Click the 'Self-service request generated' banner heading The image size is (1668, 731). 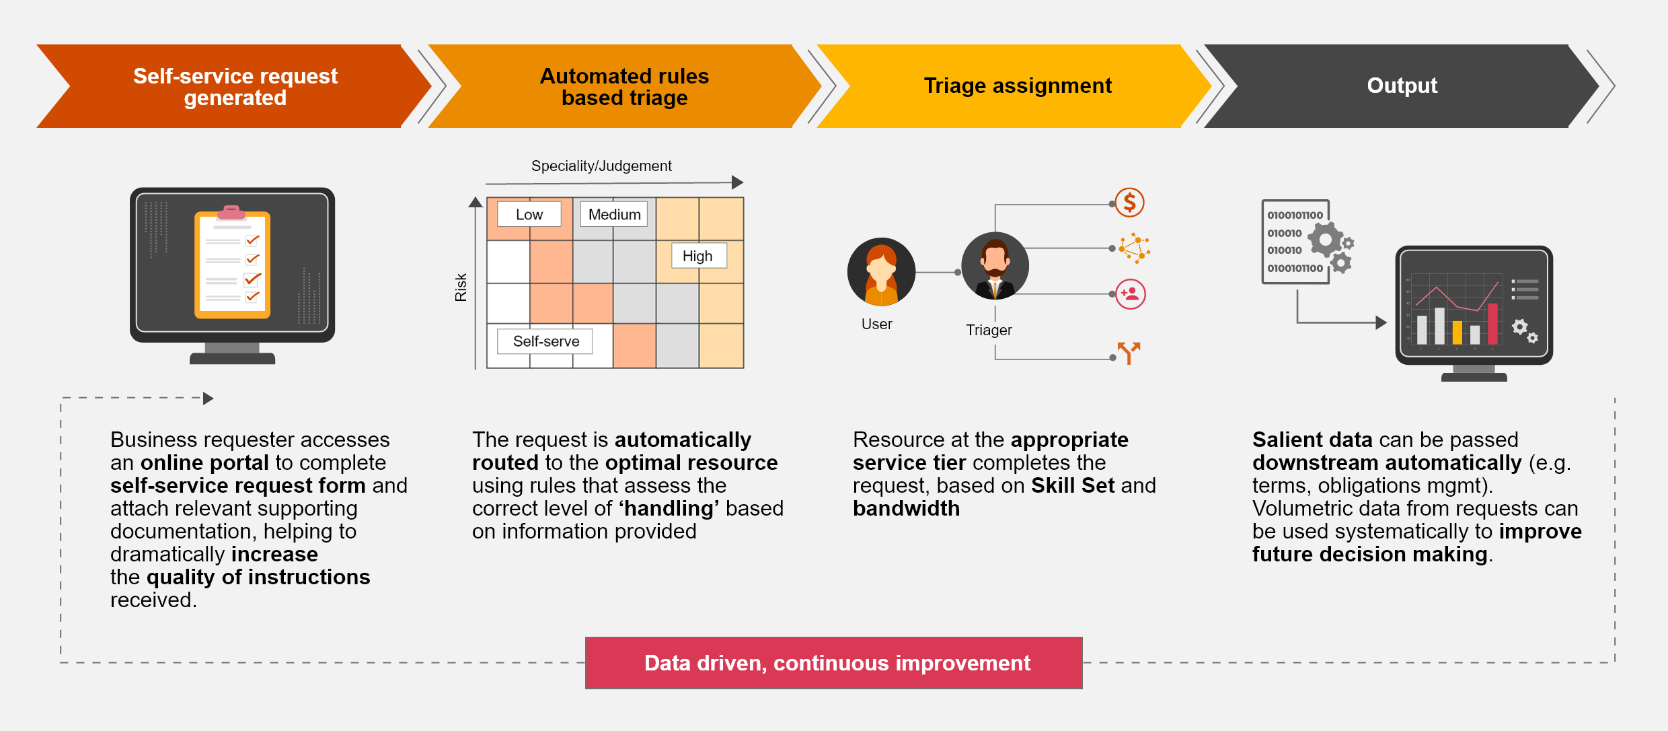(235, 86)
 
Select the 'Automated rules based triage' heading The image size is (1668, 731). (624, 86)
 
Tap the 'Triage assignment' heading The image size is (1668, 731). (1017, 85)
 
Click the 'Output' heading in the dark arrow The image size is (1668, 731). (1402, 85)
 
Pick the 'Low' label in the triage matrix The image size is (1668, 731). (529, 214)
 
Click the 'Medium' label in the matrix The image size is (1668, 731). (614, 214)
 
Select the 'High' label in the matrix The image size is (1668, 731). (697, 256)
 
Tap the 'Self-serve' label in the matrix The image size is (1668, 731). (545, 341)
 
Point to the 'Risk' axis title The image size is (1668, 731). (461, 287)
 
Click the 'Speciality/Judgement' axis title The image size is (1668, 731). (601, 166)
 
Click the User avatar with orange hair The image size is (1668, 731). (881, 272)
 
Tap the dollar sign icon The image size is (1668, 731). (1130, 202)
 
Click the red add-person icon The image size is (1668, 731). (1131, 294)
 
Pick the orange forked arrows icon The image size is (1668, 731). (1129, 352)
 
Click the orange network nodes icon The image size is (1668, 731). (1134, 248)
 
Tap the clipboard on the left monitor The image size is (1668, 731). (232, 265)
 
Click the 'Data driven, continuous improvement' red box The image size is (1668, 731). (833, 663)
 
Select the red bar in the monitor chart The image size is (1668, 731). (1492, 324)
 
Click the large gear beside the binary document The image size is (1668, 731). (1325, 240)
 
